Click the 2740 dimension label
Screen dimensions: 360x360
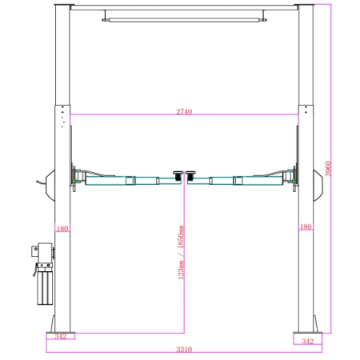pyautogui.click(x=184, y=111)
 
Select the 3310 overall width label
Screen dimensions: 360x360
pyautogui.click(x=184, y=349)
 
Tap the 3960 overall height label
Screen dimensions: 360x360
pyautogui.click(x=328, y=169)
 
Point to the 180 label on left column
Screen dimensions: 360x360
pyautogui.click(x=62, y=229)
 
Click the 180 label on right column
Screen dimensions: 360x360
pyautogui.click(x=306, y=226)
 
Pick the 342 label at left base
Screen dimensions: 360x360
pyautogui.click(x=61, y=336)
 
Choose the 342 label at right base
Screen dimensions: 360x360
pyautogui.click(x=308, y=341)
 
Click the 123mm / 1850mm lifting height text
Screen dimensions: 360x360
pyautogui.click(x=181, y=252)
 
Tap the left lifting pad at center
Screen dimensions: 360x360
pyautogui.click(x=178, y=176)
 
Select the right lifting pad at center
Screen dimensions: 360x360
pyautogui.click(x=190, y=176)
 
